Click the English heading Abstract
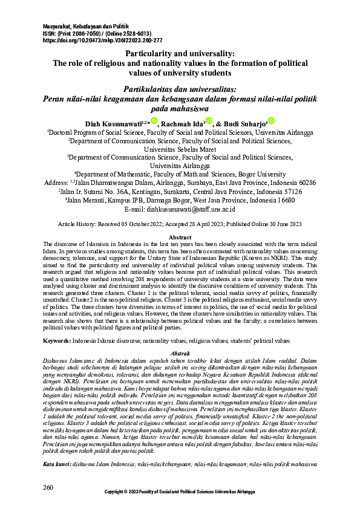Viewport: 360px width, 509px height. (180, 238)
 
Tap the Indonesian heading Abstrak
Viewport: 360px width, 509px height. (180, 352)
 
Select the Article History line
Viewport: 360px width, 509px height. (180, 224)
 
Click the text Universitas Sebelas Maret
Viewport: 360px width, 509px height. (180, 146)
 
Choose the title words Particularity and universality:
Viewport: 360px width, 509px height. (180, 54)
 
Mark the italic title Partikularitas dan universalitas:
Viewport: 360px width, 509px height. (180, 88)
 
